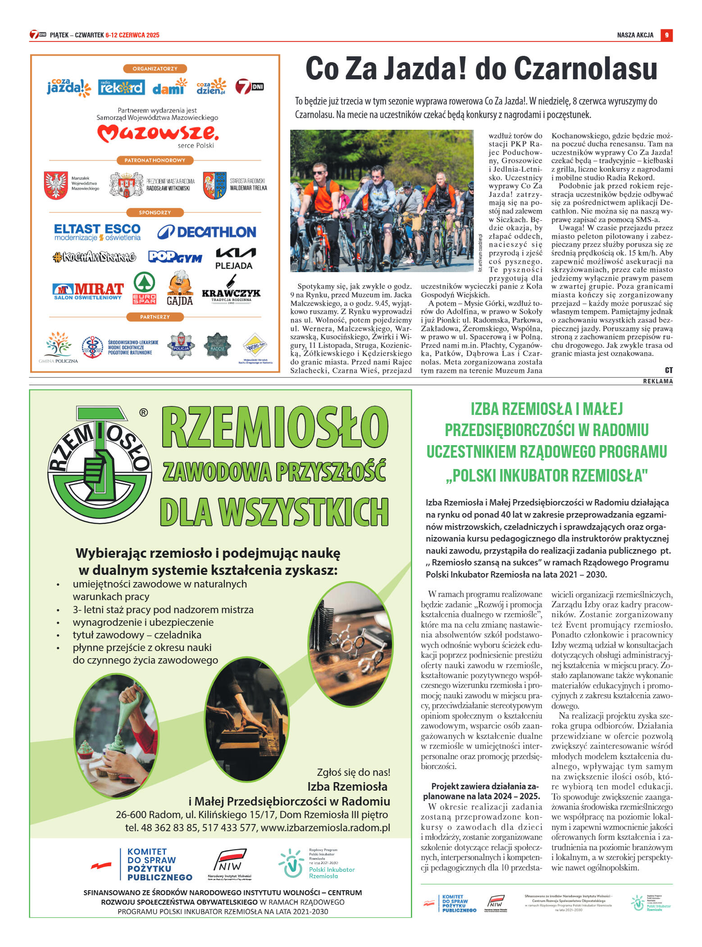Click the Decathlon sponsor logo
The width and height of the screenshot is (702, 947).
[207, 232]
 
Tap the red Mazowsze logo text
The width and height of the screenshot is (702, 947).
[158, 133]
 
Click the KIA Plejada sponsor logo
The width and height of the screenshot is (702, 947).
[234, 259]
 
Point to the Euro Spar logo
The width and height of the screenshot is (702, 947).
[144, 288]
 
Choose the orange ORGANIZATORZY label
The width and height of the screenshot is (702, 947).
[155, 69]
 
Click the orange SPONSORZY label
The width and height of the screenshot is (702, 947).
[155, 213]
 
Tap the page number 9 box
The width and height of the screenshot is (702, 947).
[666, 35]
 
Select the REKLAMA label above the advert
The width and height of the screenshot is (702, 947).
[657, 382]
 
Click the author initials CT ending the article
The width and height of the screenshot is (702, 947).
[669, 370]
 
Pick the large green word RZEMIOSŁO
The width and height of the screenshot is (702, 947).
[274, 427]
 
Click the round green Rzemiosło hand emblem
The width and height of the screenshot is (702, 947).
[100, 465]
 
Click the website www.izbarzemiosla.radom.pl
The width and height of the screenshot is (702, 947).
[325, 828]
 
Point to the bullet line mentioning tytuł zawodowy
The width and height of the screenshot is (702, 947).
[137, 635]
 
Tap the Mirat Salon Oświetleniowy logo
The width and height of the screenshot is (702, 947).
[88, 291]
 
